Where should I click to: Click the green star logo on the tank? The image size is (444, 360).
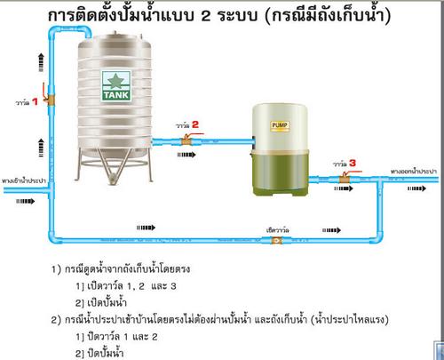(116, 80)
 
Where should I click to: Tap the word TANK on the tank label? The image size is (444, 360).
(116, 95)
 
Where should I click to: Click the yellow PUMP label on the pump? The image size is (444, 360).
(280, 125)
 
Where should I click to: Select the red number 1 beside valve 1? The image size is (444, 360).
(35, 102)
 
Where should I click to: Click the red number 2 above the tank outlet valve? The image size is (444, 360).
(195, 124)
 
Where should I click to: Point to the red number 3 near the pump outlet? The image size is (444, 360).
(353, 163)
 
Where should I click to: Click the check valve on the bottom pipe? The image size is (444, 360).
(277, 240)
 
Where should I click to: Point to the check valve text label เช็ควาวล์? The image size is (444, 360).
(277, 230)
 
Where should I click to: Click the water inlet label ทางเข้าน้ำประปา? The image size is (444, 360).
(24, 180)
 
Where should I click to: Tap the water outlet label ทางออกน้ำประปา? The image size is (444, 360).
(414, 172)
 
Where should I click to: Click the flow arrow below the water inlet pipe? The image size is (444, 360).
(26, 201)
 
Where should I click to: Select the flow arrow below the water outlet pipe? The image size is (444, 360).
(416, 188)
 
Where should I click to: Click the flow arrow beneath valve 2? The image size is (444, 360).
(186, 155)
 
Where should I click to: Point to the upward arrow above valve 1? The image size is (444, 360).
(41, 62)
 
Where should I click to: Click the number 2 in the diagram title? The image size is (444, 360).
(205, 15)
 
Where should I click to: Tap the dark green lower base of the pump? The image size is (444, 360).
(280, 173)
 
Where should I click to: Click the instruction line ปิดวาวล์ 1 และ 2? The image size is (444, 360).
(116, 337)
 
